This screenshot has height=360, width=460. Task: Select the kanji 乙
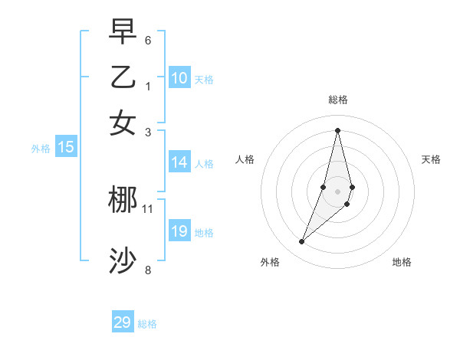pos(123,77)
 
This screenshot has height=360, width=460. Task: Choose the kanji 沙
pos(123,261)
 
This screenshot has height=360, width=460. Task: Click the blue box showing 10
pos(179,77)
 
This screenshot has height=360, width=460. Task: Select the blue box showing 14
pos(179,162)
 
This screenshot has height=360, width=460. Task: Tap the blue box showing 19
pos(179,231)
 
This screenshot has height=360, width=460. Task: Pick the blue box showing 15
pos(65,147)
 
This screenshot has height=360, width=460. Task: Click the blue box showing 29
pos(123,322)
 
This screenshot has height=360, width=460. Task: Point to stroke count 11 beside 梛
pos(148,208)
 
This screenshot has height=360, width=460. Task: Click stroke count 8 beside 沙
pos(148,270)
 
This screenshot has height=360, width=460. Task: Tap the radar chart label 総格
pos(337,100)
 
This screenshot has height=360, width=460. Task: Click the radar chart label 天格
pos(431,159)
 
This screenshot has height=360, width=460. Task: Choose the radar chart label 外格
pos(270,262)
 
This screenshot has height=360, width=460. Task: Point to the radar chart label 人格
pos(245,159)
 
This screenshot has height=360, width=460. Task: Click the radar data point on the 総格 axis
pos(337,130)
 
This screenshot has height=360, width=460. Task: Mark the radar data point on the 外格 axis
pos(302,242)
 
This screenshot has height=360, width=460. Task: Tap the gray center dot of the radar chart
pos(337,191)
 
